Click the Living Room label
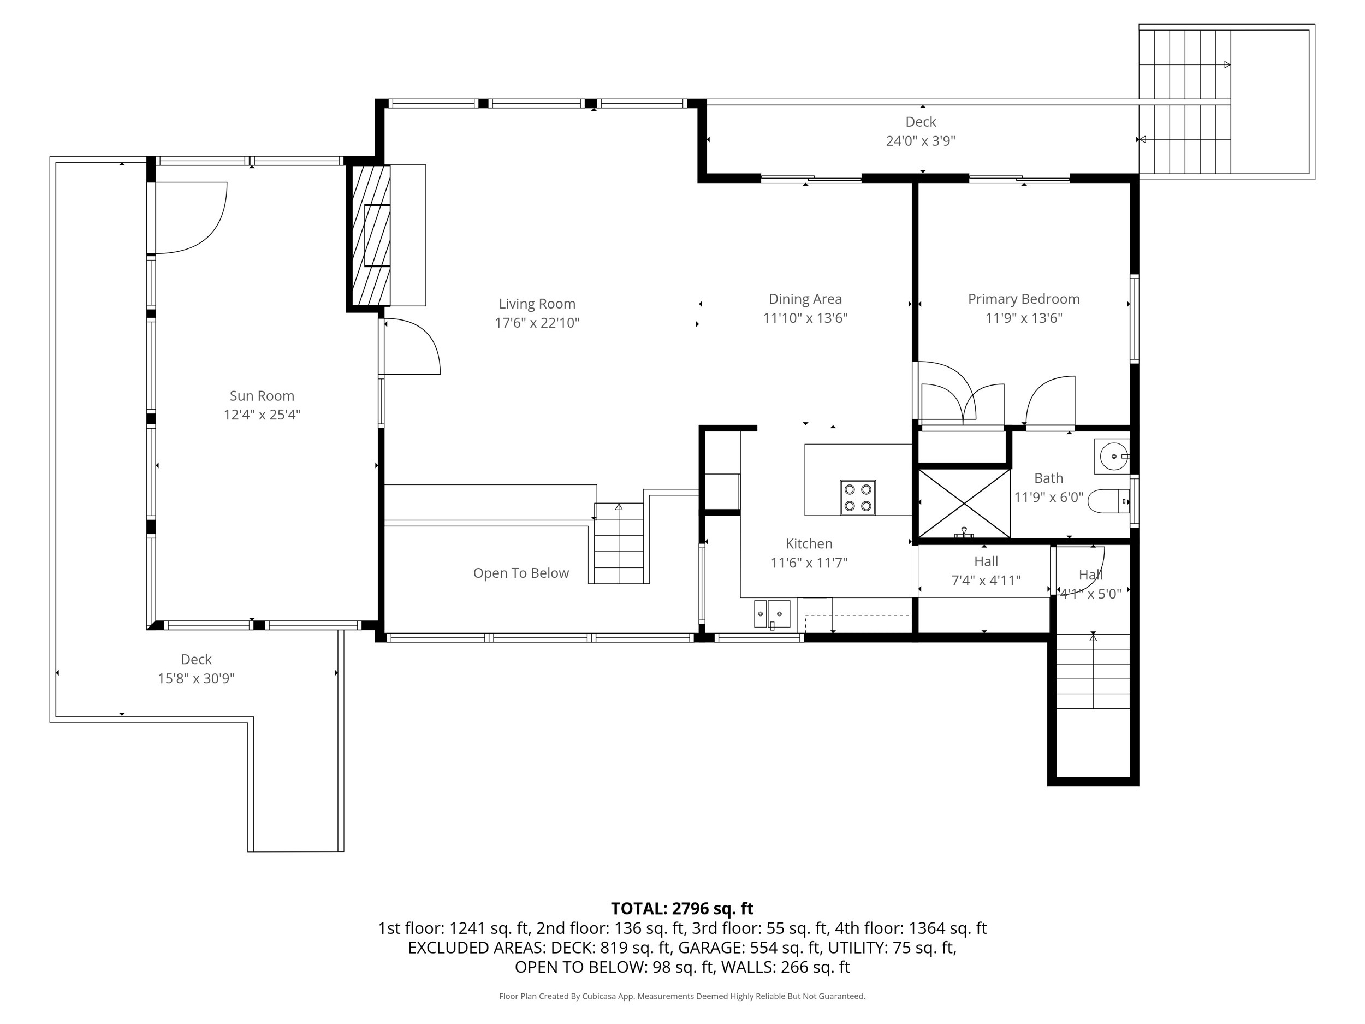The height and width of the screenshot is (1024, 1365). [x=537, y=304]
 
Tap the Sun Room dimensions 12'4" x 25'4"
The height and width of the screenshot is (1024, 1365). [x=262, y=414]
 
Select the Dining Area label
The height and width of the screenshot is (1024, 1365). [x=805, y=299]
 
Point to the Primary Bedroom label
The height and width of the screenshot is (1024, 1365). [x=1024, y=299]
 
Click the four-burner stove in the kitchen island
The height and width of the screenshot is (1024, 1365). [x=858, y=498]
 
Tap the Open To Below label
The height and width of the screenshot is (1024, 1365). [x=521, y=573]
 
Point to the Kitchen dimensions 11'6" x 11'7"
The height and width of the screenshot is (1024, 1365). [x=809, y=563]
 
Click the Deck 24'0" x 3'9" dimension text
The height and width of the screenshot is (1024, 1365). [x=921, y=141]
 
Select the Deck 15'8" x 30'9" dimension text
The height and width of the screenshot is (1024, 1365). [x=196, y=679]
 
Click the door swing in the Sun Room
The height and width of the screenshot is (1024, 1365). [x=191, y=218]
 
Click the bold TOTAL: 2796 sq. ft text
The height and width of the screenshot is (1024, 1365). [x=682, y=909]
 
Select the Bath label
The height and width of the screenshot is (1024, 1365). [x=1048, y=478]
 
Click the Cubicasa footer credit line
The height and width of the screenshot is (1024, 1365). [x=682, y=996]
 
